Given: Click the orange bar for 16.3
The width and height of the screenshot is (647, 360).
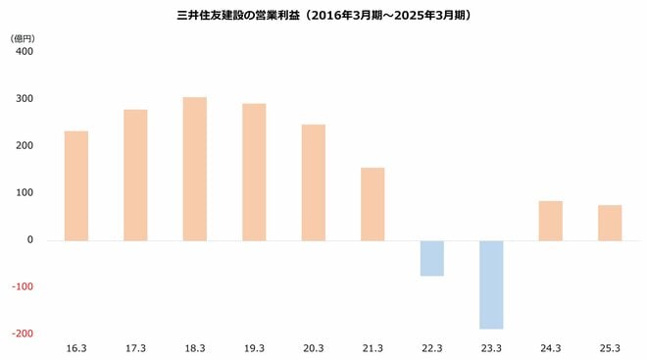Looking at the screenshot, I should click(76, 185).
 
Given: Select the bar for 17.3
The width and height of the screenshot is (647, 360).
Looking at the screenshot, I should click(135, 175).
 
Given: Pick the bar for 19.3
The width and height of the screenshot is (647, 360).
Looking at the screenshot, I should click(254, 172).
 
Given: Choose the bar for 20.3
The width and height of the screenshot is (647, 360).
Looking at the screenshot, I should click(314, 182).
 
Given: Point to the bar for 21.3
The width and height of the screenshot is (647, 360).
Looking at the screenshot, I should click(373, 204).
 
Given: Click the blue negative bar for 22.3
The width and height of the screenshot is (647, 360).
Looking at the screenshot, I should click(432, 258).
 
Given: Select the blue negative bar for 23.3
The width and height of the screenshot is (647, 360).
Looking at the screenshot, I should click(491, 284).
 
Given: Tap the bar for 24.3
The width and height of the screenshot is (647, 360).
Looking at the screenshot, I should click(551, 221).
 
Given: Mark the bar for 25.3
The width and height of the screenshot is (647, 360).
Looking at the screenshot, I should click(610, 223).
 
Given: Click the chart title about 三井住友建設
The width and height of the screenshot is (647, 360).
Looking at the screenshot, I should click(323, 17).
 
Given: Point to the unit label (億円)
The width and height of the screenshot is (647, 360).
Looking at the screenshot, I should click(23, 36).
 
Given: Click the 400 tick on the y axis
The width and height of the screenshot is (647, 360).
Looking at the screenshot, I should click(24, 51).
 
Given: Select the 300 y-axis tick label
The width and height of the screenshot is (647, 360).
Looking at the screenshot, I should click(24, 98).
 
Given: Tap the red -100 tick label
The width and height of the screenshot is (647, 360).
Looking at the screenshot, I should click(22, 286).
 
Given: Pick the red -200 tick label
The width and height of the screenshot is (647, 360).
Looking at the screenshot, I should click(22, 334).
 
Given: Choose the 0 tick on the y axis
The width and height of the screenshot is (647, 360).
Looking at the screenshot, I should click(29, 239).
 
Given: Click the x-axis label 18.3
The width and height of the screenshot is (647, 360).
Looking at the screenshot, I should click(195, 348).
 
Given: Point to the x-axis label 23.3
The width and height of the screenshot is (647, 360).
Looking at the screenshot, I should click(491, 348).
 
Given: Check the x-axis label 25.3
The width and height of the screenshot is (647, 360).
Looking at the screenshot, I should click(610, 348).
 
